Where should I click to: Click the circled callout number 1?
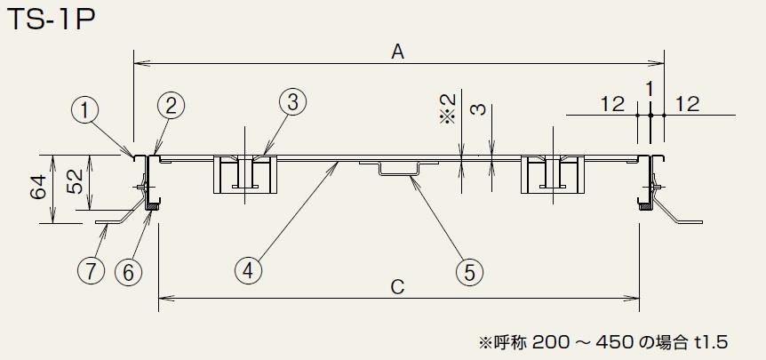pyautogui.click(x=84, y=110)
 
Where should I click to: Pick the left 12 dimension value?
pyautogui.click(x=611, y=104)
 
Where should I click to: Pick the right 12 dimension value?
pyautogui.click(x=687, y=104)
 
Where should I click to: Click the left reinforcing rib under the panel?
pyautogui.click(x=243, y=174)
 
